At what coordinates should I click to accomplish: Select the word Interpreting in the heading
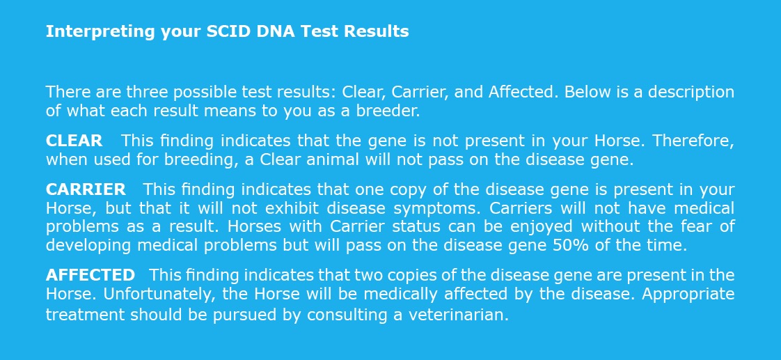pyautogui.click(x=101, y=32)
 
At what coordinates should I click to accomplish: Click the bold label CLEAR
pyautogui.click(x=74, y=141)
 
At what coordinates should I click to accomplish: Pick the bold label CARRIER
pyautogui.click(x=86, y=189)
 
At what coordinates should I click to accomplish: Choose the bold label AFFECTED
pyautogui.click(x=90, y=275)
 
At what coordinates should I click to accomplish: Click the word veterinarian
pyautogui.click(x=458, y=315)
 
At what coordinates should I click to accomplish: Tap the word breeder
pyautogui.click(x=388, y=111)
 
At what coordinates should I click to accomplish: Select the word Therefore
pyautogui.click(x=693, y=141)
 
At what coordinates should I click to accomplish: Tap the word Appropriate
pyautogui.click(x=688, y=295)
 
